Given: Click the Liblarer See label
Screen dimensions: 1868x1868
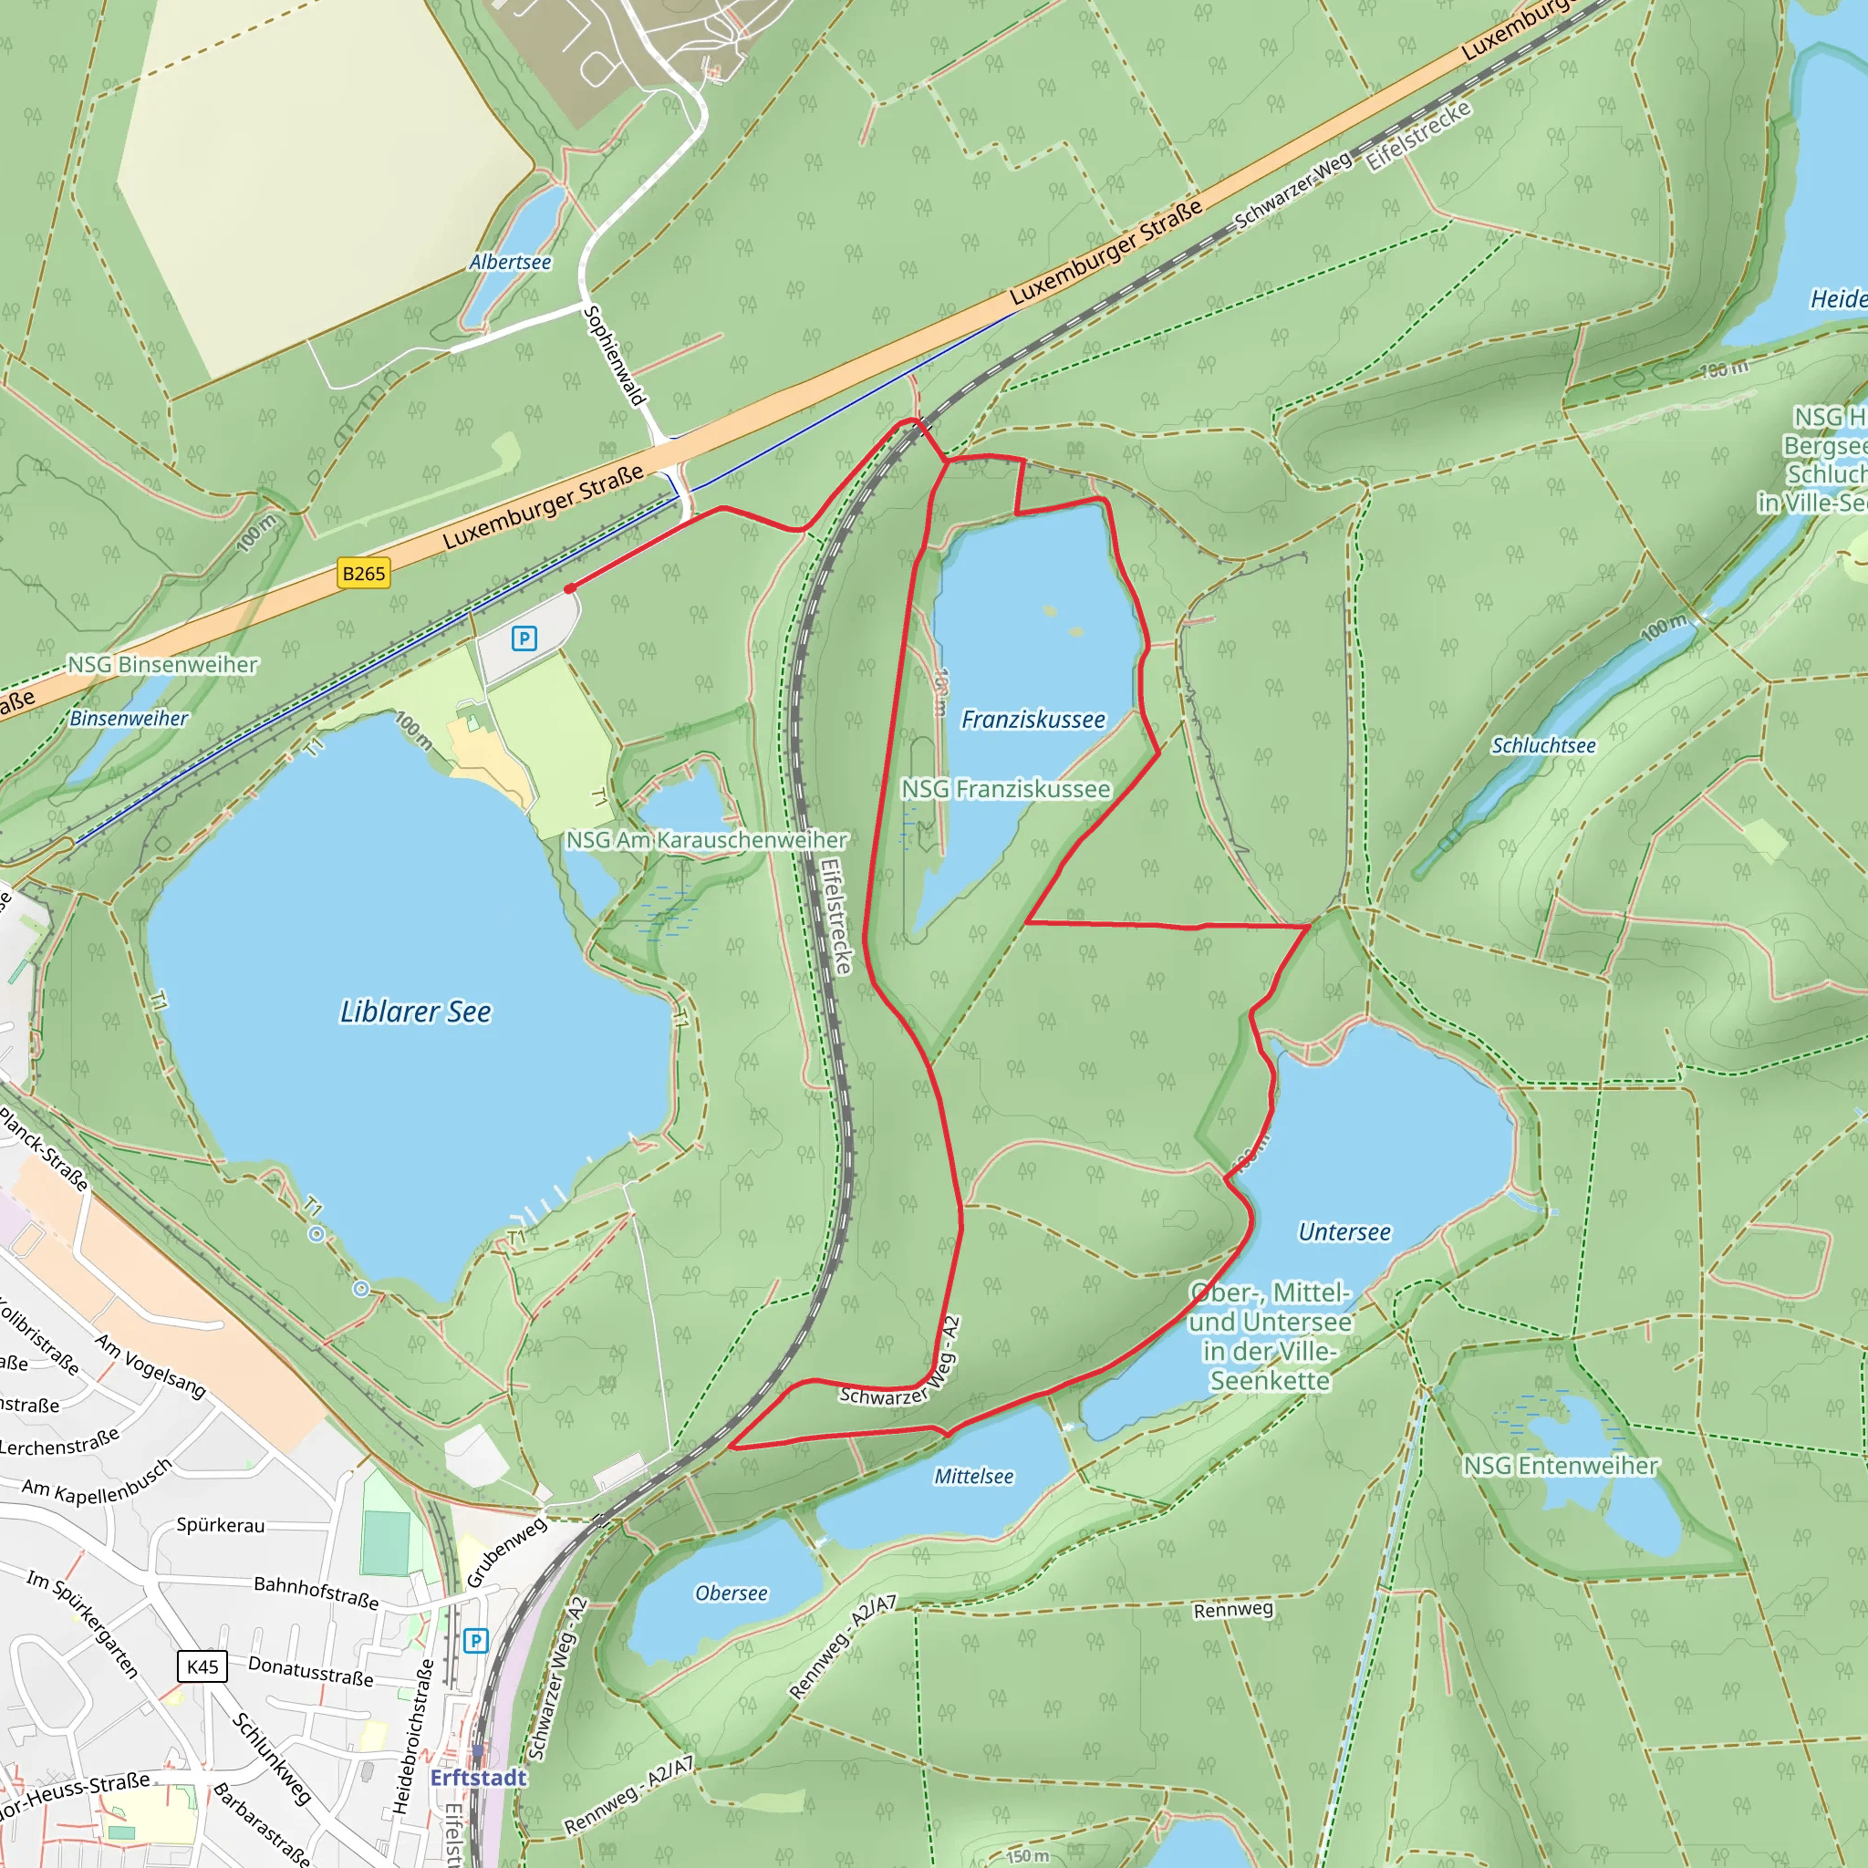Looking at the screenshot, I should (x=416, y=1012).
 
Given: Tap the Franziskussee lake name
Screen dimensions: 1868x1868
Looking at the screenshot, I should (x=1033, y=720).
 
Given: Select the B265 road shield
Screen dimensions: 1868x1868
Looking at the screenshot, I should (x=364, y=574).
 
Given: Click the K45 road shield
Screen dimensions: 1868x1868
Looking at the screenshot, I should (x=202, y=1666).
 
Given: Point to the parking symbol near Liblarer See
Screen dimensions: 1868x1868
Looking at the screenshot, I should (x=524, y=638).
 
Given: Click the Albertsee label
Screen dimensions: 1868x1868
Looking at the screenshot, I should (x=511, y=262).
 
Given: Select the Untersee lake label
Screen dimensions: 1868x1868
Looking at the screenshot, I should (x=1344, y=1231).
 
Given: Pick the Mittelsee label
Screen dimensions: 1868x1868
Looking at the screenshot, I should (x=973, y=1477).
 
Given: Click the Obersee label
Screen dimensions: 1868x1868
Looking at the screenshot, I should (x=731, y=1593).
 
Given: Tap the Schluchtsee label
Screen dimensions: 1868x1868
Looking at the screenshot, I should (x=1543, y=745).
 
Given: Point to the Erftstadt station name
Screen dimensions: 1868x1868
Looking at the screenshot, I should (x=479, y=1777).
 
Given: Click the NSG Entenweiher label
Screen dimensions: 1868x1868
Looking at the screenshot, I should (x=1561, y=1466).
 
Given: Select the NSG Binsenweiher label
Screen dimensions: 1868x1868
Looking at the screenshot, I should (x=162, y=664).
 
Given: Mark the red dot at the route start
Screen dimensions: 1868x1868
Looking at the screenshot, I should (x=570, y=588).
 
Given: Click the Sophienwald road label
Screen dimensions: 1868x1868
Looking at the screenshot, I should (x=615, y=356).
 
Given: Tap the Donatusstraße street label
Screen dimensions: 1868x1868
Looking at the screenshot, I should (x=310, y=1671).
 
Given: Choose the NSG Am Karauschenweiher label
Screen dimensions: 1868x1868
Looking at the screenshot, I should (x=706, y=839).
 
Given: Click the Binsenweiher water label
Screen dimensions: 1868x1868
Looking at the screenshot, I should (x=129, y=719).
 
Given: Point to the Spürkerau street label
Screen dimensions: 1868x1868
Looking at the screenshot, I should (x=221, y=1525).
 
